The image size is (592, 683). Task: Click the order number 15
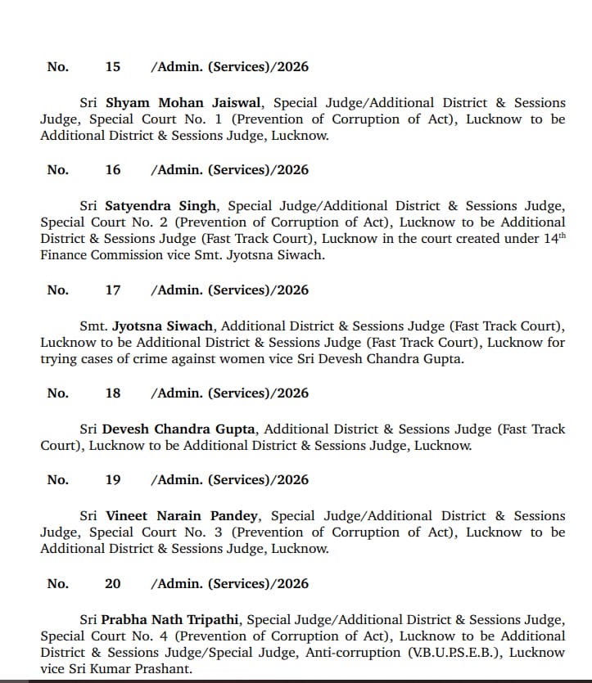tap(113, 66)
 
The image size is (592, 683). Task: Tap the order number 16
tap(113, 169)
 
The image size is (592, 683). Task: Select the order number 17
tap(113, 290)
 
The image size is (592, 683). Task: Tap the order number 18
tap(113, 393)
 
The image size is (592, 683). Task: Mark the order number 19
tap(113, 479)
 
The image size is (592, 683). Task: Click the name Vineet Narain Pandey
tap(182, 516)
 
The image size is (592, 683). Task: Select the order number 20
tap(113, 583)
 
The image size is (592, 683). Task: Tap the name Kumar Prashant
tap(135, 669)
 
